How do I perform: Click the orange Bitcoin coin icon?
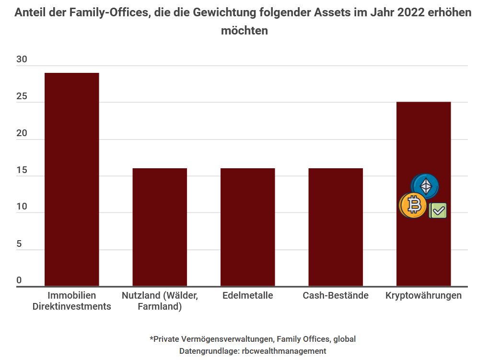(x=413, y=206)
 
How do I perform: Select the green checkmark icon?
(x=438, y=210)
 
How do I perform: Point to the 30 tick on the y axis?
(x=22, y=60)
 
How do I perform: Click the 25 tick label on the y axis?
(x=22, y=97)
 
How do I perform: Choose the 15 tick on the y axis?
(x=22, y=171)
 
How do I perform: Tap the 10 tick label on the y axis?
(x=22, y=207)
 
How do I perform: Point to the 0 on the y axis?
(x=19, y=280)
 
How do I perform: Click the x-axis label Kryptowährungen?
(x=423, y=295)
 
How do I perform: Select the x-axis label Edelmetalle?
(x=247, y=295)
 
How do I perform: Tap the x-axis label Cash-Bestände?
(x=336, y=295)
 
